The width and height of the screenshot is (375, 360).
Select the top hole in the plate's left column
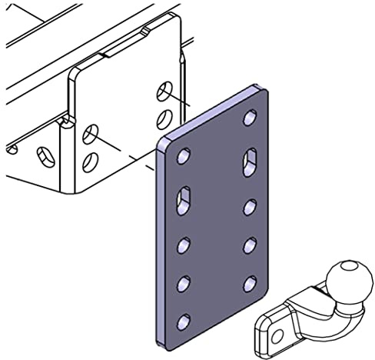tap(184, 157)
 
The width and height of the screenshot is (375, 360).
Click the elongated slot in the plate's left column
tap(184, 199)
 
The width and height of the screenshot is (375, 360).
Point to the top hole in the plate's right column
tap(250, 118)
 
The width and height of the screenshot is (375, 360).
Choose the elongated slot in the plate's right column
tap(250, 162)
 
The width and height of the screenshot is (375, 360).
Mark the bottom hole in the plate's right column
tap(250, 284)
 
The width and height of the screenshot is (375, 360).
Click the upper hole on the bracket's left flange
tap(91, 135)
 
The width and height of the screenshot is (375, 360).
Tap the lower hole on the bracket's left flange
tap(91, 162)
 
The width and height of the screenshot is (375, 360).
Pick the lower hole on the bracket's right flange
tap(164, 117)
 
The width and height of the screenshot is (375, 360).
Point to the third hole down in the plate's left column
tap(184, 246)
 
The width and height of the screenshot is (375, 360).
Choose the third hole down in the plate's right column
tap(250, 206)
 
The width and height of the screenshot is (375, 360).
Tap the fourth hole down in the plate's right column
tap(250, 245)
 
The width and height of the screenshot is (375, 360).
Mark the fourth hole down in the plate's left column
tap(184, 284)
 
